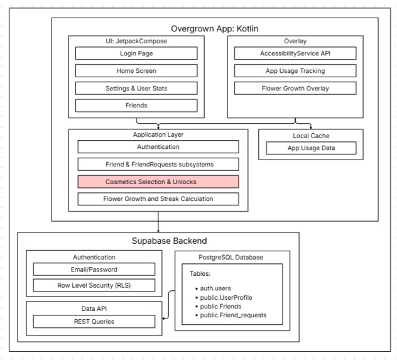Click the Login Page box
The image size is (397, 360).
tap(136, 53)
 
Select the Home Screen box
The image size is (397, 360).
tap(136, 70)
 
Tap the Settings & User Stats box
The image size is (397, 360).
tap(136, 88)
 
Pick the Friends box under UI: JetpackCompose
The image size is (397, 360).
tap(136, 106)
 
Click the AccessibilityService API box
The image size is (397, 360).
tap(295, 53)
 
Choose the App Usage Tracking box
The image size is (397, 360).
tap(295, 70)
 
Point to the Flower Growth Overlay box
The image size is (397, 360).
tap(295, 88)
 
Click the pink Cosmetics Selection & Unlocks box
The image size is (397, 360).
tap(158, 182)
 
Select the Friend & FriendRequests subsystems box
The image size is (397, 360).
tap(158, 165)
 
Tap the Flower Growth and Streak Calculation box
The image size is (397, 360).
tap(158, 199)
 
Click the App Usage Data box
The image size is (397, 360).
tap(311, 148)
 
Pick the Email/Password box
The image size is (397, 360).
tap(94, 270)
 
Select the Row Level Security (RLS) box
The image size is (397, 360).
tap(94, 285)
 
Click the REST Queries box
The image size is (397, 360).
tap(94, 322)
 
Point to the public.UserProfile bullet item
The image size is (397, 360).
tap(224, 297)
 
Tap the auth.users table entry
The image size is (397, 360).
tap(213, 288)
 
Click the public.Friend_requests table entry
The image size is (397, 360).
tap(231, 315)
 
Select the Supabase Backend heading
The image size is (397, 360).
tap(169, 241)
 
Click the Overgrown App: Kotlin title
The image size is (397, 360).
tap(215, 29)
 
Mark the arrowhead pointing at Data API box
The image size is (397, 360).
tap(163, 319)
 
